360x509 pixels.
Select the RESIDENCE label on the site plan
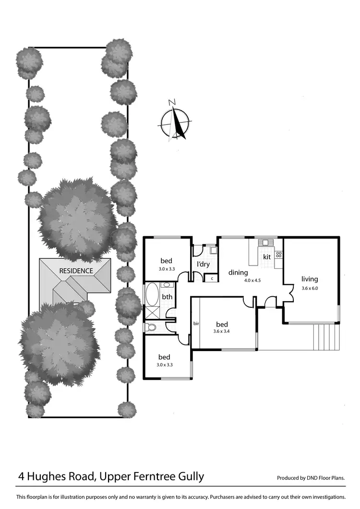[76, 271]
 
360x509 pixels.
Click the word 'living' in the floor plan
[310, 279]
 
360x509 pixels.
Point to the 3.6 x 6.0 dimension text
[310, 289]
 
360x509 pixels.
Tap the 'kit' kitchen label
[267, 257]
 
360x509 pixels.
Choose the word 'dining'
[238, 273]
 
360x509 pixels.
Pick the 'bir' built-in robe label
[195, 324]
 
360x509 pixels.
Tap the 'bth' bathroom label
[167, 297]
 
